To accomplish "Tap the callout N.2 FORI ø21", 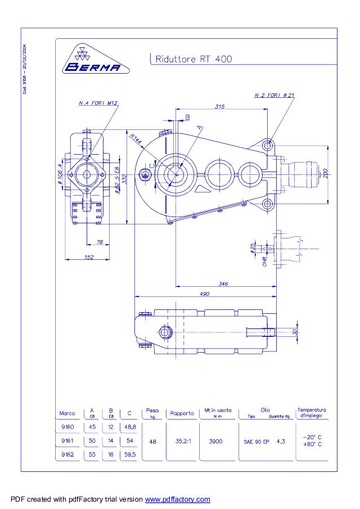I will click(x=274, y=96).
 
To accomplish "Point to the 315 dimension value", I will click(x=220, y=106).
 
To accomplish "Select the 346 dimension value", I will click(x=223, y=283).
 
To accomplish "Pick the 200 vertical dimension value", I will click(x=325, y=174).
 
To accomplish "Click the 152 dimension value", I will click(x=88, y=257).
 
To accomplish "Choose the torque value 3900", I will click(x=215, y=442).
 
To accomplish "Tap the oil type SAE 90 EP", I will click(x=256, y=442).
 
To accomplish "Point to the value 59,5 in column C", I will click(x=130, y=454).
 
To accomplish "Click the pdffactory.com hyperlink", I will click(x=177, y=499).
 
